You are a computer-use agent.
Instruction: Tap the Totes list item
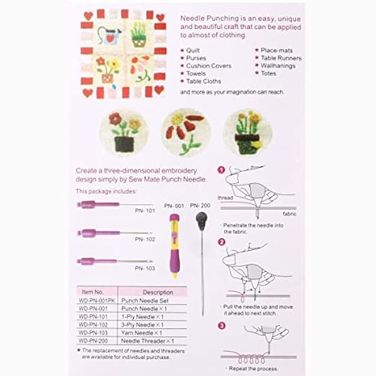tap(269, 73)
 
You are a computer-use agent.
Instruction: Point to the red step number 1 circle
tap(221, 170)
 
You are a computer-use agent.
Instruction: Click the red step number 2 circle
tap(221, 242)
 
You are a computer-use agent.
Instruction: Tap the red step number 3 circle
tap(221, 325)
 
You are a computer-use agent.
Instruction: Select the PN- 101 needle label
tap(145, 211)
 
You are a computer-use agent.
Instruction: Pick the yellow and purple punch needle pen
tap(175, 244)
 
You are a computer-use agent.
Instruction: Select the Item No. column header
tap(93, 292)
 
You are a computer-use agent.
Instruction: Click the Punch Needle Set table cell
tap(145, 300)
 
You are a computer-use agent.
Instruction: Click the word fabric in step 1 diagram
tap(289, 214)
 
